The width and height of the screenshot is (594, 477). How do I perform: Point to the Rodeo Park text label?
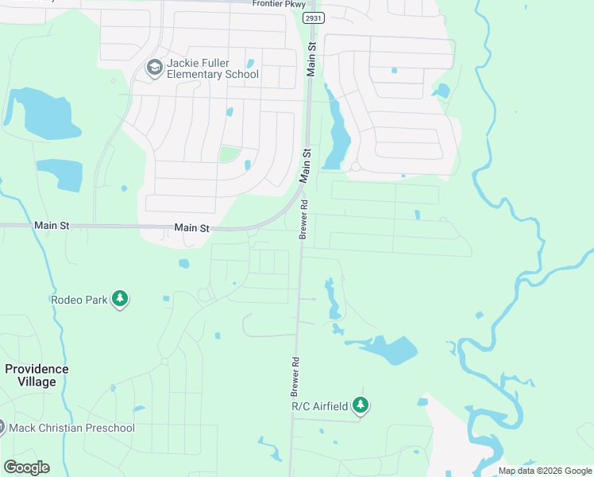79,300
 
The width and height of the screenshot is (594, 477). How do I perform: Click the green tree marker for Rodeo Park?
120,299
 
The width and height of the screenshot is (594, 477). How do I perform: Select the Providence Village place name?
37,375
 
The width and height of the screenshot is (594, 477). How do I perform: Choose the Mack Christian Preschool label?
72,428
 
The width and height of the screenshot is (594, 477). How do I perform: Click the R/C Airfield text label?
320,406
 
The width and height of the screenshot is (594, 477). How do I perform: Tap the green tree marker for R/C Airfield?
361,405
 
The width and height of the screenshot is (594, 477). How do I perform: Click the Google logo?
26,467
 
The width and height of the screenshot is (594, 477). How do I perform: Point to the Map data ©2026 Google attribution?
544,471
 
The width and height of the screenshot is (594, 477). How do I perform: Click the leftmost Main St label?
52,226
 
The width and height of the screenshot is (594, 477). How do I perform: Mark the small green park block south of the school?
229,154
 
